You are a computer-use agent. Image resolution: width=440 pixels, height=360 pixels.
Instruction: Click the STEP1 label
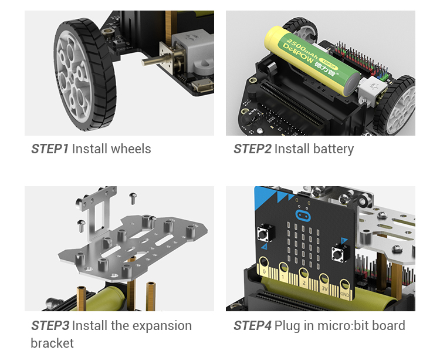pos(50,149)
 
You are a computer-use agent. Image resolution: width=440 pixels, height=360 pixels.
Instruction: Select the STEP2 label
pos(252,149)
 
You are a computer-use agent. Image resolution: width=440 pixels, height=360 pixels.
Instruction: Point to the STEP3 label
pos(50,325)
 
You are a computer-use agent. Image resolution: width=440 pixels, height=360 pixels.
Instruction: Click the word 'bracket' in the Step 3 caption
pos(52,343)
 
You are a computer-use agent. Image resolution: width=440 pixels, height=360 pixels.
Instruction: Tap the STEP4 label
pos(252,325)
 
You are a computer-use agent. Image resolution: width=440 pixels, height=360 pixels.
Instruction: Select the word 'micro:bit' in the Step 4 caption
pos(340,325)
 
